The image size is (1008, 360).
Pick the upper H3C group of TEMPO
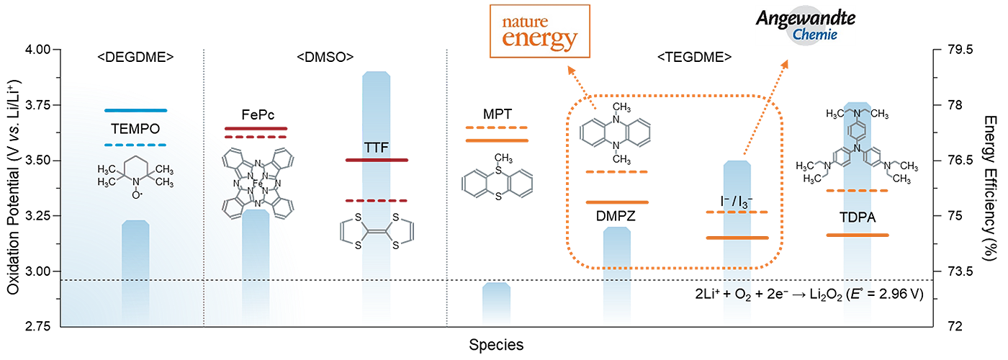108,168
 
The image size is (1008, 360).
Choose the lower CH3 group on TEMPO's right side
165,183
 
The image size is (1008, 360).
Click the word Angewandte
806,18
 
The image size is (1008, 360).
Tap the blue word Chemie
814,34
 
